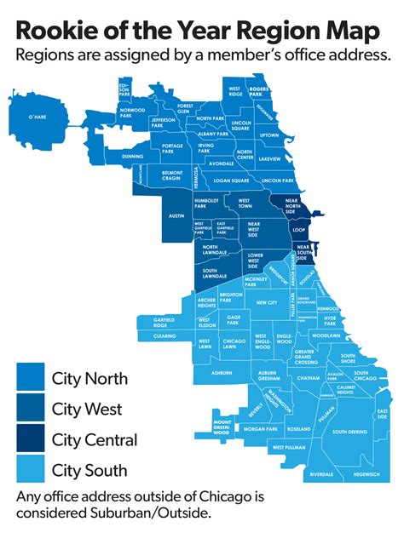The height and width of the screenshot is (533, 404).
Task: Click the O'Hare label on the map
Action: [37, 117]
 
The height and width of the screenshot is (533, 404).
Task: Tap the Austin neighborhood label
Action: [176, 216]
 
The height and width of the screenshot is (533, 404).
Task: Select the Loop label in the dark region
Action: [298, 230]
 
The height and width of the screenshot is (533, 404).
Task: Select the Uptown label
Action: [268, 135]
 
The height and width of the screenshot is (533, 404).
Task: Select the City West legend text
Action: [87, 409]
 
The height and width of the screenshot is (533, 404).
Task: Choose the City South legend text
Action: [89, 470]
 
